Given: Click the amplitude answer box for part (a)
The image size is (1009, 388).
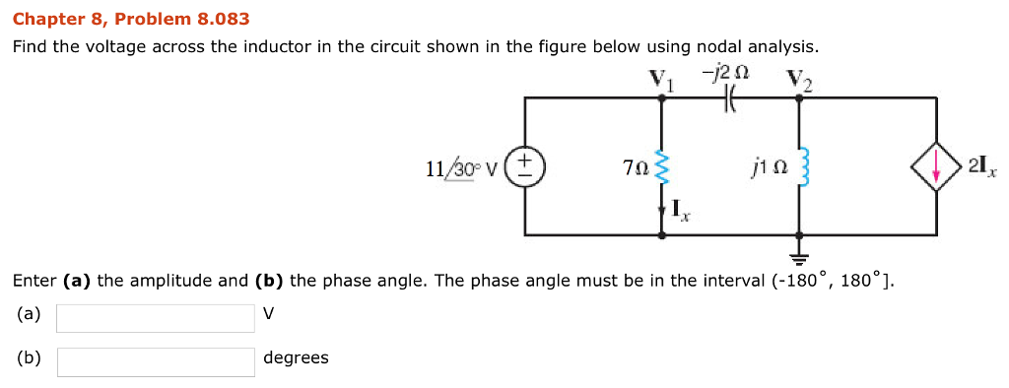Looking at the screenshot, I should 156,318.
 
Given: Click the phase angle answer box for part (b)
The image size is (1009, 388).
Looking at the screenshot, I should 156,361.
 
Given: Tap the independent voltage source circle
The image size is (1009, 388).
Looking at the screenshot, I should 525,166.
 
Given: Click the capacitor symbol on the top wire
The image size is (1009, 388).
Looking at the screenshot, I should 730,97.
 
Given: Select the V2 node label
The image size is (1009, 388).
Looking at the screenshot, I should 799,78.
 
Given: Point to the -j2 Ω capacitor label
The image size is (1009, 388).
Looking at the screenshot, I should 731,72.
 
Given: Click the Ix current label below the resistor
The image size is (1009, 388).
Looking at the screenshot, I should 680,209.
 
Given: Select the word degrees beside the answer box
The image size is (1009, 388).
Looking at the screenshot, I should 296,357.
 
